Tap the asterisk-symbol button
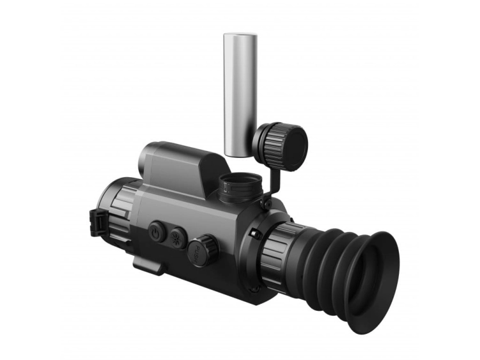click(178, 237)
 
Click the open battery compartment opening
click(240, 180)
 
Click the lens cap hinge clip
click(100, 221)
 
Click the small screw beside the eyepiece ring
click(255, 234)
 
